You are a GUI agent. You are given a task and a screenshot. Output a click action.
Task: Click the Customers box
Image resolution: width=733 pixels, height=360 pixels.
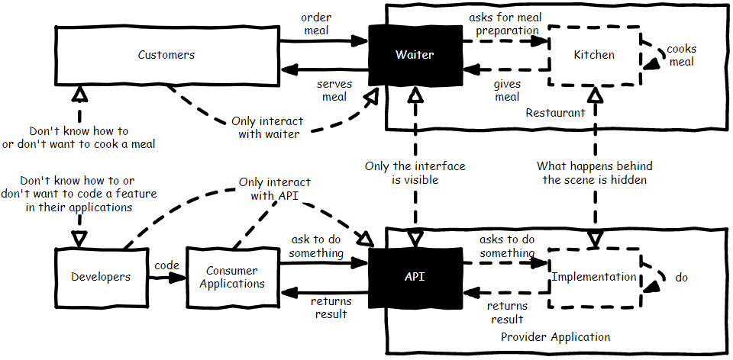tap(166, 55)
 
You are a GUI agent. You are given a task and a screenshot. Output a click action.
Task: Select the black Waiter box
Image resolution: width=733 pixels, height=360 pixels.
tap(415, 55)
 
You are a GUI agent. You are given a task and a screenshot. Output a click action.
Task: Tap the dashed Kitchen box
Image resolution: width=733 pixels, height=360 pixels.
tap(594, 55)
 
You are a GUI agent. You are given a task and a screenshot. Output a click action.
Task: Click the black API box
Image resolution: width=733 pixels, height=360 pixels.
tap(415, 277)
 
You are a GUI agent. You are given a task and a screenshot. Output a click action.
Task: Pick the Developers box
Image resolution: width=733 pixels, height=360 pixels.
tap(101, 277)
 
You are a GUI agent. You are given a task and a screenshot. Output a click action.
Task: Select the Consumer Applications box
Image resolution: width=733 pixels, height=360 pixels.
tap(232, 277)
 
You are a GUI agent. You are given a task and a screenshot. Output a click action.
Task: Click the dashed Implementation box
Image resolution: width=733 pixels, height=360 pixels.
tap(594, 277)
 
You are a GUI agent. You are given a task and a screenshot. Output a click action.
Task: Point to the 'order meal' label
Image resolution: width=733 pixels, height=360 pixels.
tap(315, 24)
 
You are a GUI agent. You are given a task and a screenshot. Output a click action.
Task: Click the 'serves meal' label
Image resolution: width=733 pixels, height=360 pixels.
tap(334, 90)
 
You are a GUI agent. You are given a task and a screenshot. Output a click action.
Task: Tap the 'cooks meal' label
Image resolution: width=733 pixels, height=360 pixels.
tap(681, 55)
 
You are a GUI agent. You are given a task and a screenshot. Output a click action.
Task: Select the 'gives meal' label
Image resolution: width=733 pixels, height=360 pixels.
tap(507, 90)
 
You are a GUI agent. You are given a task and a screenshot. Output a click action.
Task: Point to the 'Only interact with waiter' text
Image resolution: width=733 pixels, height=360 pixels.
tap(267, 127)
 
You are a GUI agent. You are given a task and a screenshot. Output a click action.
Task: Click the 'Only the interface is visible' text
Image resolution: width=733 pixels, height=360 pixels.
tap(415, 172)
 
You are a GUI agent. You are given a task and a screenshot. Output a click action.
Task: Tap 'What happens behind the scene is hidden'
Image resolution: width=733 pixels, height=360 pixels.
tap(595, 172)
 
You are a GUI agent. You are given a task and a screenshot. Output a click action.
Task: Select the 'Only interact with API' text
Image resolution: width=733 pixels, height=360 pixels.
tap(275, 188)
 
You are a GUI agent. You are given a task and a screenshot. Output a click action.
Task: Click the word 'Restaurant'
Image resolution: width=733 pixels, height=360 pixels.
tap(555, 113)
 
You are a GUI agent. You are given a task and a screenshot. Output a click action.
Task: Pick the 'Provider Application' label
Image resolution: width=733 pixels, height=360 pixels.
tap(555, 337)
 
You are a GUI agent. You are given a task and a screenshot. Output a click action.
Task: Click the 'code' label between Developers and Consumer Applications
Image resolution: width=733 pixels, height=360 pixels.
tap(167, 265)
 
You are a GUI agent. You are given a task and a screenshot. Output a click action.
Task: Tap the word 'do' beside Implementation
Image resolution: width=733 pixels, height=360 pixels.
tap(682, 278)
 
